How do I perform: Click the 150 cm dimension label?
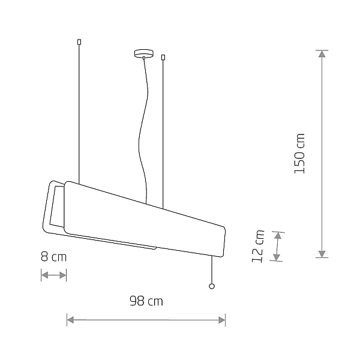tap(299, 154)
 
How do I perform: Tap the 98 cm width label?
tap(146, 301)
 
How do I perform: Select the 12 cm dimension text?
tap(258, 246)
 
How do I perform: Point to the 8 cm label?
tap(54, 257)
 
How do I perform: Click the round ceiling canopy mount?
tap(144, 53)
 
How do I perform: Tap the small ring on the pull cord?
tap(212, 286)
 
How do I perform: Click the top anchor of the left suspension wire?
tap(79, 42)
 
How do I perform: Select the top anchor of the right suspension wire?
tap(163, 58)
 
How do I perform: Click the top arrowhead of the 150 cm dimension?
tap(322, 54)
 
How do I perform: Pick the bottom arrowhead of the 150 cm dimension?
tap(322, 254)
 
